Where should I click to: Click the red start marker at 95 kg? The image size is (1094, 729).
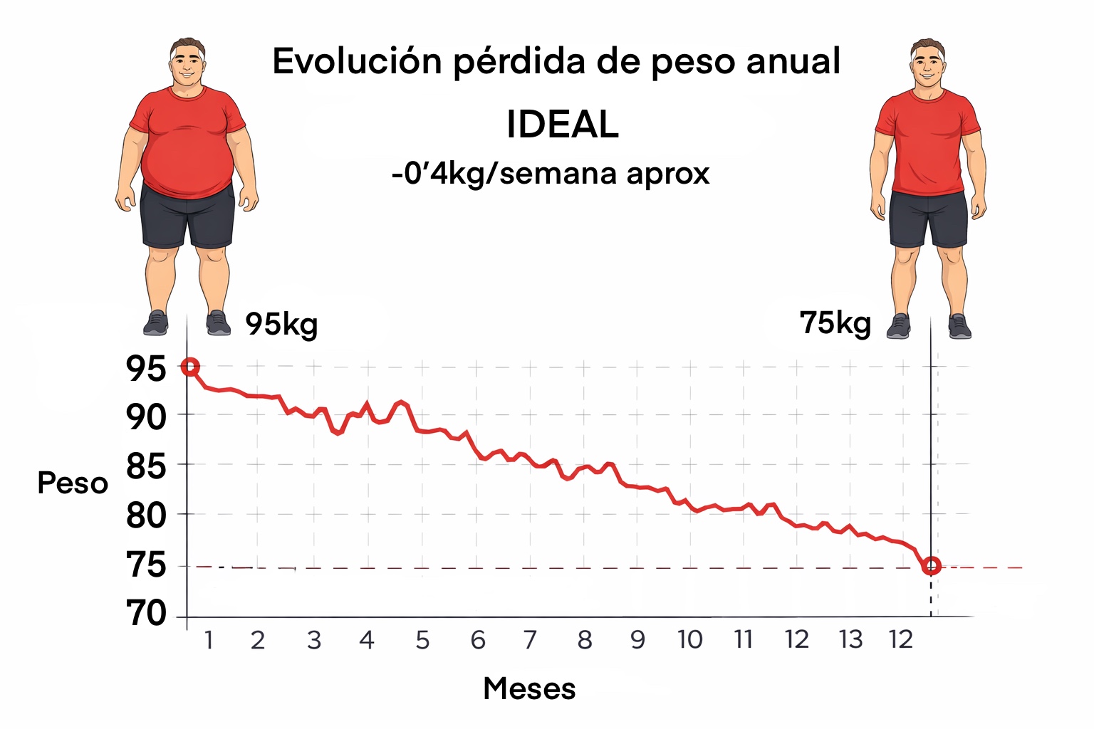[x=189, y=367]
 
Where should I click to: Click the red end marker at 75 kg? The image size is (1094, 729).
[x=931, y=566]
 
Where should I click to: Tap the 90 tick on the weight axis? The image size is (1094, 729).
[x=146, y=416]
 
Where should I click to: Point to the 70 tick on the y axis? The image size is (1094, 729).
[x=146, y=613]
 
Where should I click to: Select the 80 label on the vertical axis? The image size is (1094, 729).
[x=146, y=515]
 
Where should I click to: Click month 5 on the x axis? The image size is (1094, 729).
[x=422, y=640]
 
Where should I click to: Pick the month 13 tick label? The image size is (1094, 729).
[x=850, y=640]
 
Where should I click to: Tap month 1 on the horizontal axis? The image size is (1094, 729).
[x=209, y=640]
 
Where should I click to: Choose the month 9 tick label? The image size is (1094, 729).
[x=637, y=640]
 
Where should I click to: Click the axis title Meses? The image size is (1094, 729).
[x=529, y=688]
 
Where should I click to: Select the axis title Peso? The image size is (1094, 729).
[x=73, y=483]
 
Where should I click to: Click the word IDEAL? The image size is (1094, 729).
[x=562, y=125]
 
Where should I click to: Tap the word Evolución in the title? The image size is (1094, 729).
[x=357, y=61]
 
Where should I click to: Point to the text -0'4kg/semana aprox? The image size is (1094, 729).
[x=551, y=174]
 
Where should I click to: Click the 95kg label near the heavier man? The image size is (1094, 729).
[x=281, y=324]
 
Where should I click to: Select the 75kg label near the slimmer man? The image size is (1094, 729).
[x=835, y=323]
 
